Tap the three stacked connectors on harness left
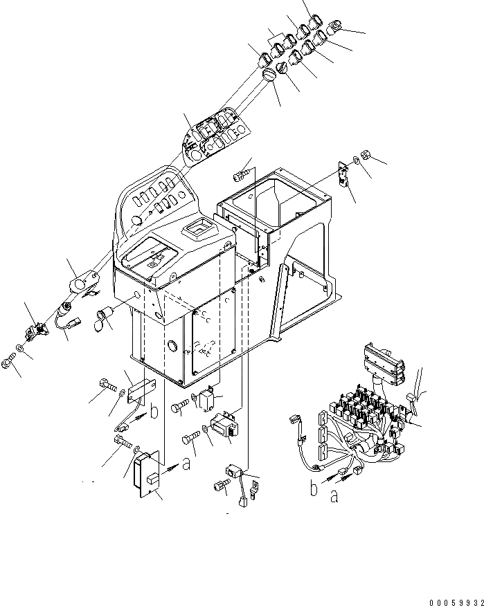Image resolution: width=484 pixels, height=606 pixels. pyautogui.click(x=322, y=436)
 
